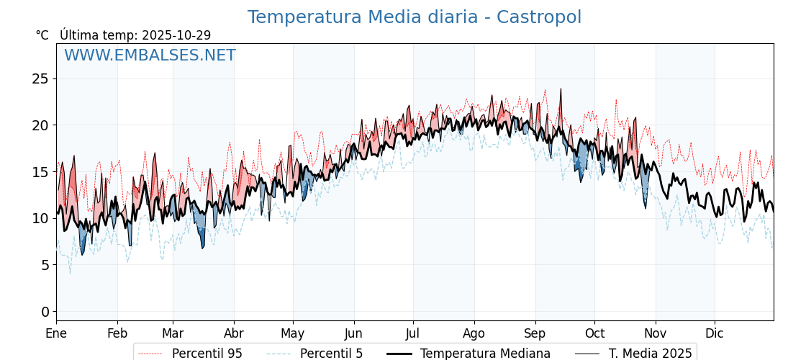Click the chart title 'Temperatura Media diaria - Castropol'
tap(414, 17)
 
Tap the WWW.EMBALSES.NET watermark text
tap(150, 55)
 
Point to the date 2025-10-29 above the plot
tap(176, 35)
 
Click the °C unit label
tap(42, 35)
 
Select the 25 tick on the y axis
tap(40, 78)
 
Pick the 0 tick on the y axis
tap(45, 311)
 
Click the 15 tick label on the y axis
tap(40, 171)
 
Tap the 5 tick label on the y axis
tap(45, 265)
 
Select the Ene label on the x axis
tap(56, 333)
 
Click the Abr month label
tap(234, 333)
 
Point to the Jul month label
tap(413, 333)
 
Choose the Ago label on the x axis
tap(474, 333)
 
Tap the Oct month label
tap(594, 333)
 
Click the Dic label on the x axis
tap(715, 333)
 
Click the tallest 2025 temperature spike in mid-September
tap(560, 90)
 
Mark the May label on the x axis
tap(293, 333)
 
